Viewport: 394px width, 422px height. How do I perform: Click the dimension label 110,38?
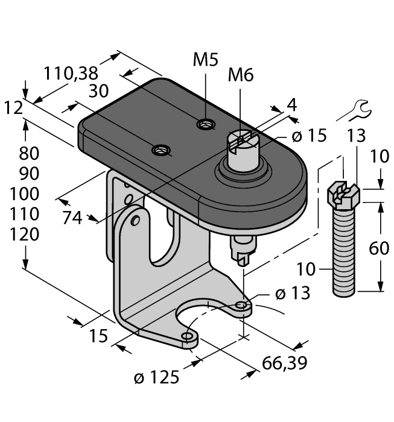pyautogui.click(x=71, y=74)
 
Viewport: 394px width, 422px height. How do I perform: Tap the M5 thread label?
pyautogui.click(x=206, y=60)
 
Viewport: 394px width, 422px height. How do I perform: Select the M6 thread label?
pyautogui.click(x=241, y=75)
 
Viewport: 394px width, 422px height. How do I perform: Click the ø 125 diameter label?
pyautogui.click(x=156, y=378)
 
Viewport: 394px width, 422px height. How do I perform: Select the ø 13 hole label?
pyautogui.click(x=292, y=294)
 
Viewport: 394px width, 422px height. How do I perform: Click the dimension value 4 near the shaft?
pyautogui.click(x=292, y=105)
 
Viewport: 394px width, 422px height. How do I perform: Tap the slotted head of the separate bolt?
pyautogui.click(x=343, y=194)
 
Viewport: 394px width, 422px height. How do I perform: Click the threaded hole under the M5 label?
pyautogui.click(x=206, y=125)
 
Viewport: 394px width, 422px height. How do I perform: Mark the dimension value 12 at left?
pyautogui.click(x=13, y=108)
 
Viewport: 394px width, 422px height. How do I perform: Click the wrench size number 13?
pyautogui.click(x=356, y=136)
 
